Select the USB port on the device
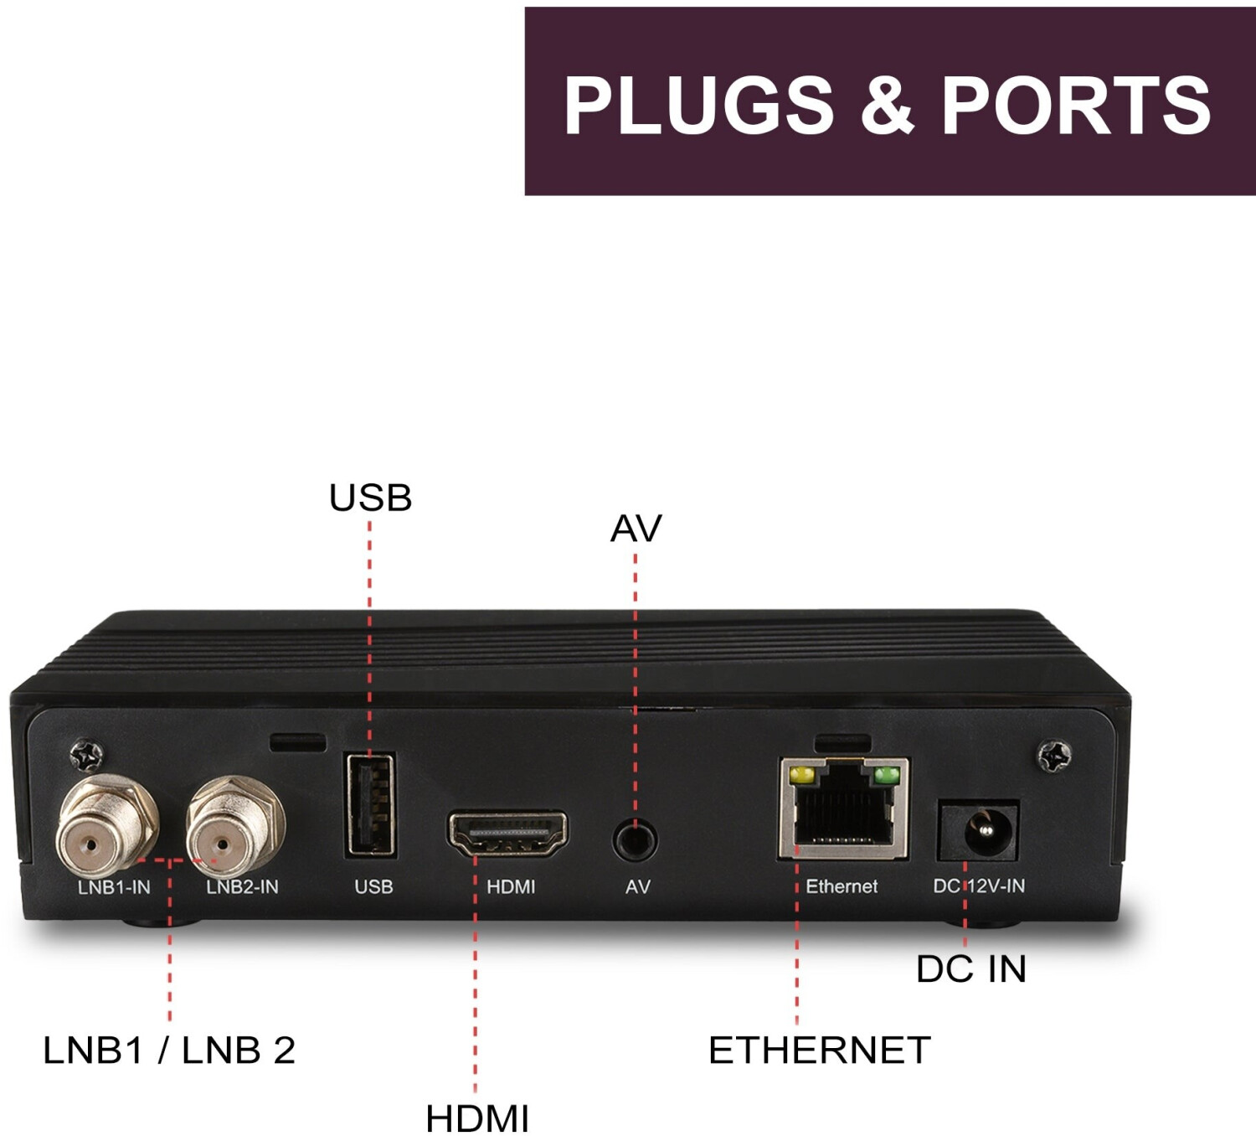tap(370, 804)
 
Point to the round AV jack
tap(635, 839)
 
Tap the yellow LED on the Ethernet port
tap(801, 775)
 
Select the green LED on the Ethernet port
tap(886, 775)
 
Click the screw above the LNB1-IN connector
tap(86, 756)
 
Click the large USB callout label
tap(370, 498)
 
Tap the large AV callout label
tap(636, 529)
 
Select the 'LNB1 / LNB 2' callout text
tap(169, 1051)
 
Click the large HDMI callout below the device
tap(477, 1118)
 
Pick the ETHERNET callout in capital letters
tap(819, 1051)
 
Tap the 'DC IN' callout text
tap(971, 969)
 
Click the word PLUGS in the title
tap(699, 106)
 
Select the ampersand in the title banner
tap(888, 106)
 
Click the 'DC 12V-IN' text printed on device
tap(979, 886)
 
